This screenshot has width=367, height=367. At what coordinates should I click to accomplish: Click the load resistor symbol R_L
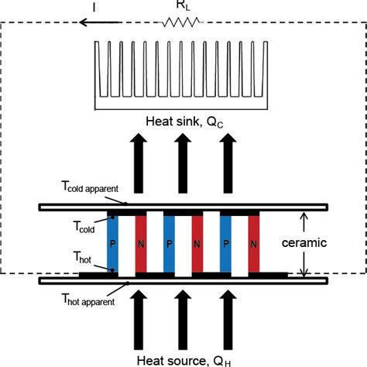pos(180,22)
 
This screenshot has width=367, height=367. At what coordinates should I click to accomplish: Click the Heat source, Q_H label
pos(183,359)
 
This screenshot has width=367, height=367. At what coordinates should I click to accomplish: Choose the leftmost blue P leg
pos(113,242)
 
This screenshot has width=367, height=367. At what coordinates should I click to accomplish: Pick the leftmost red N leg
pos(141,242)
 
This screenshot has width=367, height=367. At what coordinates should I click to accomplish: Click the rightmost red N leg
pos(254,242)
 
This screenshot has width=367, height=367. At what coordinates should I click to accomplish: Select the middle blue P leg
pos(169,242)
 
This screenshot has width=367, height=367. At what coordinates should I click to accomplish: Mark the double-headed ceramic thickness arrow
pos(304,242)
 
